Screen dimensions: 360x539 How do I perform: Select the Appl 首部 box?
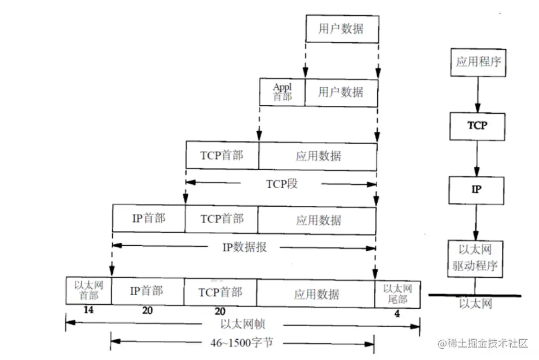pyautogui.click(x=282, y=91)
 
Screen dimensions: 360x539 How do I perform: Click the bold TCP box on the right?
pyautogui.click(x=477, y=126)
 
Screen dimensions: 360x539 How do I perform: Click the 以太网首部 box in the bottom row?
pyautogui.click(x=89, y=292)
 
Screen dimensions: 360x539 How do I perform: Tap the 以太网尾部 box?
pyautogui.click(x=397, y=293)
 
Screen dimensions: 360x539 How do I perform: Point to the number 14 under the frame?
pyautogui.click(x=88, y=311)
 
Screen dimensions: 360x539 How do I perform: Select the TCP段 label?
pyautogui.click(x=281, y=183)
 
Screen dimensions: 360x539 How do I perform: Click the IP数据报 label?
pyautogui.click(x=243, y=246)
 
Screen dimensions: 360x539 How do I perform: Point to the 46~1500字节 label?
pyautogui.click(x=244, y=341)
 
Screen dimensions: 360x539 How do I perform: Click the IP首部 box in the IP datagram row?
pyautogui.click(x=149, y=219)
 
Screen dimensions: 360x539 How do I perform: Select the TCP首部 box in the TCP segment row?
pyautogui.click(x=222, y=155)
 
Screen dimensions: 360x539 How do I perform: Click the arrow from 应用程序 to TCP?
pyautogui.click(x=478, y=94)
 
